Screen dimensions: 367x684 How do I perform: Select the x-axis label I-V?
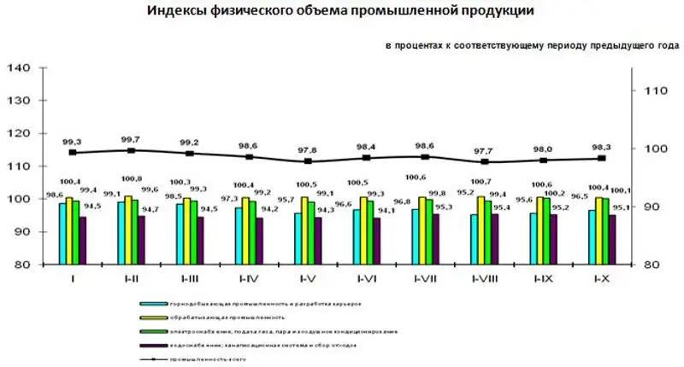tap(309, 277)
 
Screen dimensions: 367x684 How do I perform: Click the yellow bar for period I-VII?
tap(422, 230)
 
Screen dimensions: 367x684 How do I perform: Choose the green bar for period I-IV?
tap(251, 232)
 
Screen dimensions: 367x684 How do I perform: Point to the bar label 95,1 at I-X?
tap(623, 207)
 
